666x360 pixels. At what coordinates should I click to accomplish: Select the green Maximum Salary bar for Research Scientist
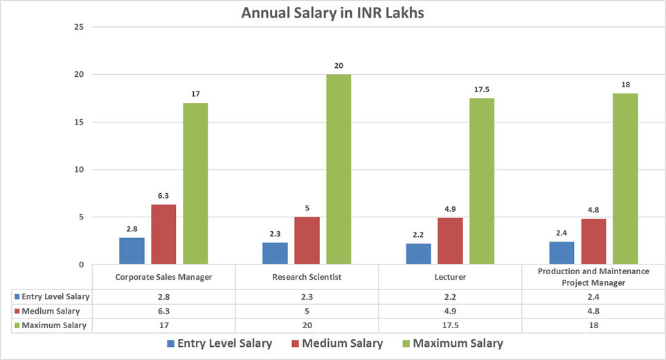[339, 170]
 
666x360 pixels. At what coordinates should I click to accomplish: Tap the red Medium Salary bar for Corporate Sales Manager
[163, 235]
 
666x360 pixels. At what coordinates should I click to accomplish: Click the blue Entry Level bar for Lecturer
[419, 254]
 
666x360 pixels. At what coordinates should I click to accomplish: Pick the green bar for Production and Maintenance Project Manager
[625, 179]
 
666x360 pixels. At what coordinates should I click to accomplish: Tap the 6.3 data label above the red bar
[163, 196]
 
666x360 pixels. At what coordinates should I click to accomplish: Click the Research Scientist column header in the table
[307, 278]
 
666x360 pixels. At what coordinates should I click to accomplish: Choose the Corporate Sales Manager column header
[163, 278]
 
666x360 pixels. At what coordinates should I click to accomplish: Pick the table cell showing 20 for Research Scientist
[307, 325]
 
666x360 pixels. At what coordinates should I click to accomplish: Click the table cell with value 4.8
[593, 311]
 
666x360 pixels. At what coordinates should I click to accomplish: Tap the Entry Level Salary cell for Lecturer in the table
[450, 297]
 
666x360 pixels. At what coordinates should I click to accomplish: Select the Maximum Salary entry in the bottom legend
[451, 343]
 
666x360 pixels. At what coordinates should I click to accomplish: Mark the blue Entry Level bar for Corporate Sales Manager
[132, 251]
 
